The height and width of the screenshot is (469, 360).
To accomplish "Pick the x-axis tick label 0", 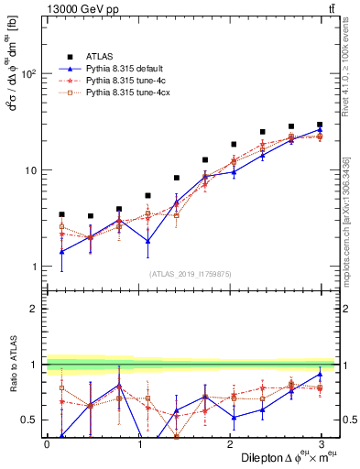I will click(47, 444).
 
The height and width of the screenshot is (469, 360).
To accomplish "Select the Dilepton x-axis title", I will click(284, 458).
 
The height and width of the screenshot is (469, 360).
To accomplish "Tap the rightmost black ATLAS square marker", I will click(320, 125).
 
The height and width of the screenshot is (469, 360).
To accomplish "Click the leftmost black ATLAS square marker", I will click(62, 214).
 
